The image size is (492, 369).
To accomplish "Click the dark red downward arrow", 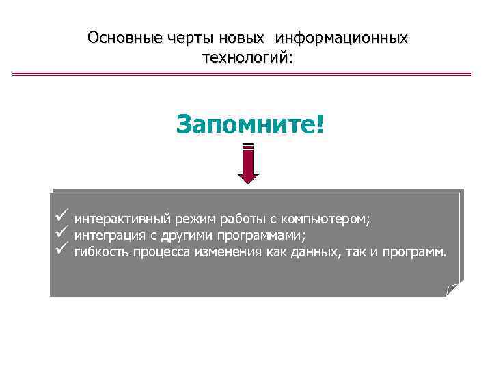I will [248, 164].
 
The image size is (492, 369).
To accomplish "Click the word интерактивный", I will [122, 219].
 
